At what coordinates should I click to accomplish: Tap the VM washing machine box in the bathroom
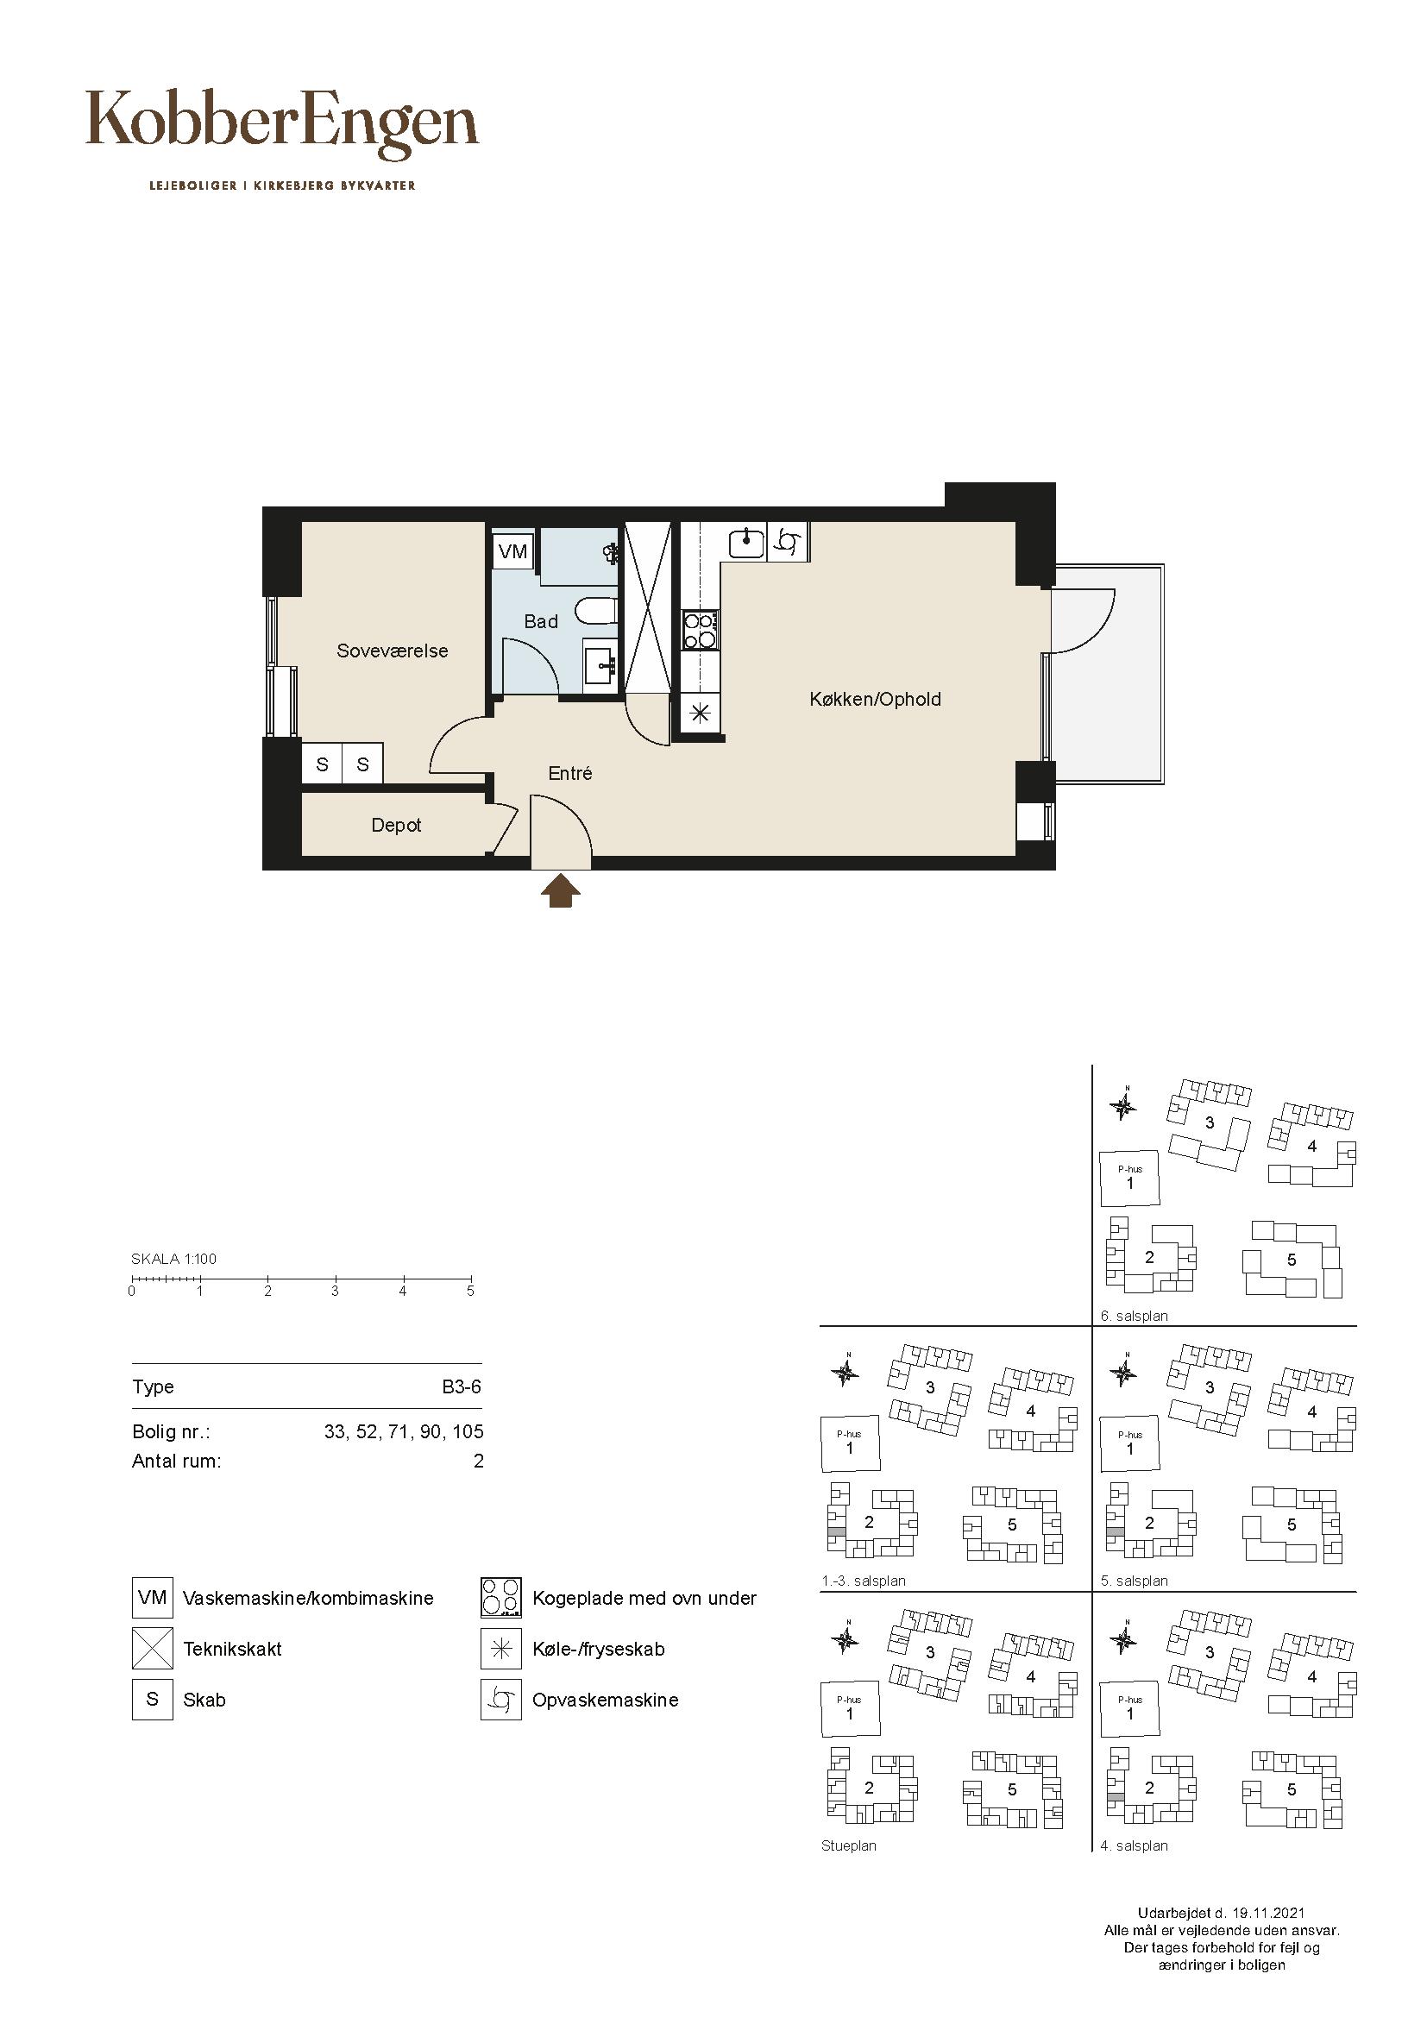pyautogui.click(x=512, y=551)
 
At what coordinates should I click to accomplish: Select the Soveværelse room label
pyautogui.click(x=393, y=651)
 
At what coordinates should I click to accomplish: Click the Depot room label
pyautogui.click(x=396, y=826)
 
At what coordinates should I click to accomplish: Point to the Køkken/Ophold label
pyautogui.click(x=875, y=700)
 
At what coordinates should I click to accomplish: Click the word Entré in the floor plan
pyautogui.click(x=570, y=773)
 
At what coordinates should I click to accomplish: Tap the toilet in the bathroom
pyautogui.click(x=598, y=610)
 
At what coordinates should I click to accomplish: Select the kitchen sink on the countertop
pyautogui.click(x=747, y=542)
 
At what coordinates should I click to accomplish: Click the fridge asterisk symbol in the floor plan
pyautogui.click(x=701, y=714)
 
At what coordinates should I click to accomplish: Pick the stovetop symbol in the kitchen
pyautogui.click(x=701, y=630)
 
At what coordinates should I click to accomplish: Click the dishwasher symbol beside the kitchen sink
pyautogui.click(x=788, y=542)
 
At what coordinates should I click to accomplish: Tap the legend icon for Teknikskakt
pyautogui.click(x=152, y=1649)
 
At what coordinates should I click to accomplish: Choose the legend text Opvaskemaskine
pyautogui.click(x=606, y=1700)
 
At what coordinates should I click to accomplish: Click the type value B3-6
pyautogui.click(x=462, y=1387)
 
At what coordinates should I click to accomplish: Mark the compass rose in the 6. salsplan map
pyautogui.click(x=1123, y=1106)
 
